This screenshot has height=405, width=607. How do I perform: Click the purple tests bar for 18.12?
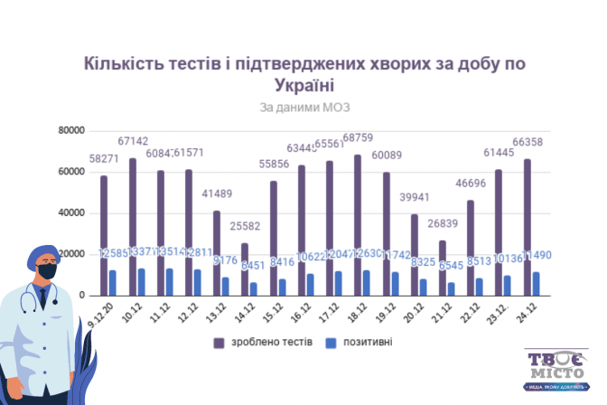coord(358,225)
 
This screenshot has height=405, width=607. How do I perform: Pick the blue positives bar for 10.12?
coord(140,282)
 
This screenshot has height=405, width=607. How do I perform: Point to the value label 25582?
coord(245,224)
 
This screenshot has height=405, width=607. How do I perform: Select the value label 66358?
coord(528,142)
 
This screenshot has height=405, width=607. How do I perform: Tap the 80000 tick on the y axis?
coord(70,130)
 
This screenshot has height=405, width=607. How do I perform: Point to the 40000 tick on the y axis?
coord(70,213)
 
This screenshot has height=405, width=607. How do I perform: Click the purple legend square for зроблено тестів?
coord(219,344)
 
